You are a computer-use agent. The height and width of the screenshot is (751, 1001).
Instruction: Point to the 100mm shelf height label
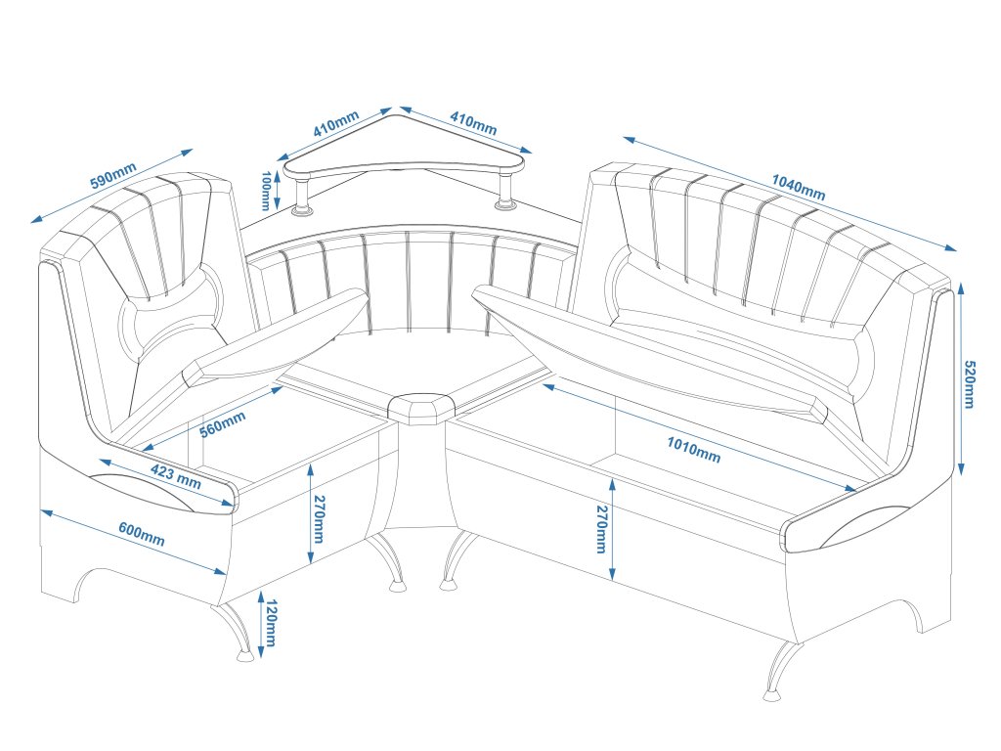coord(266,191)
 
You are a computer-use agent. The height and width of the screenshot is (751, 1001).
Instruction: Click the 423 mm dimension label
coord(176,476)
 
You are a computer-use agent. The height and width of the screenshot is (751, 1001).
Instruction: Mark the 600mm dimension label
coord(142,534)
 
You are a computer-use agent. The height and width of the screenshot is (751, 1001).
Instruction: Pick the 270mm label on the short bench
coord(319,521)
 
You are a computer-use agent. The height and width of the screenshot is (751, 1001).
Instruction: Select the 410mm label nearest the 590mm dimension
coord(335,125)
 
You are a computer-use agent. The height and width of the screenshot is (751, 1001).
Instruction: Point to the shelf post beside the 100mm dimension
coord(302,196)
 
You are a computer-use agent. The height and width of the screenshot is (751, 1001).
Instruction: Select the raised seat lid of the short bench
coord(279,342)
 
